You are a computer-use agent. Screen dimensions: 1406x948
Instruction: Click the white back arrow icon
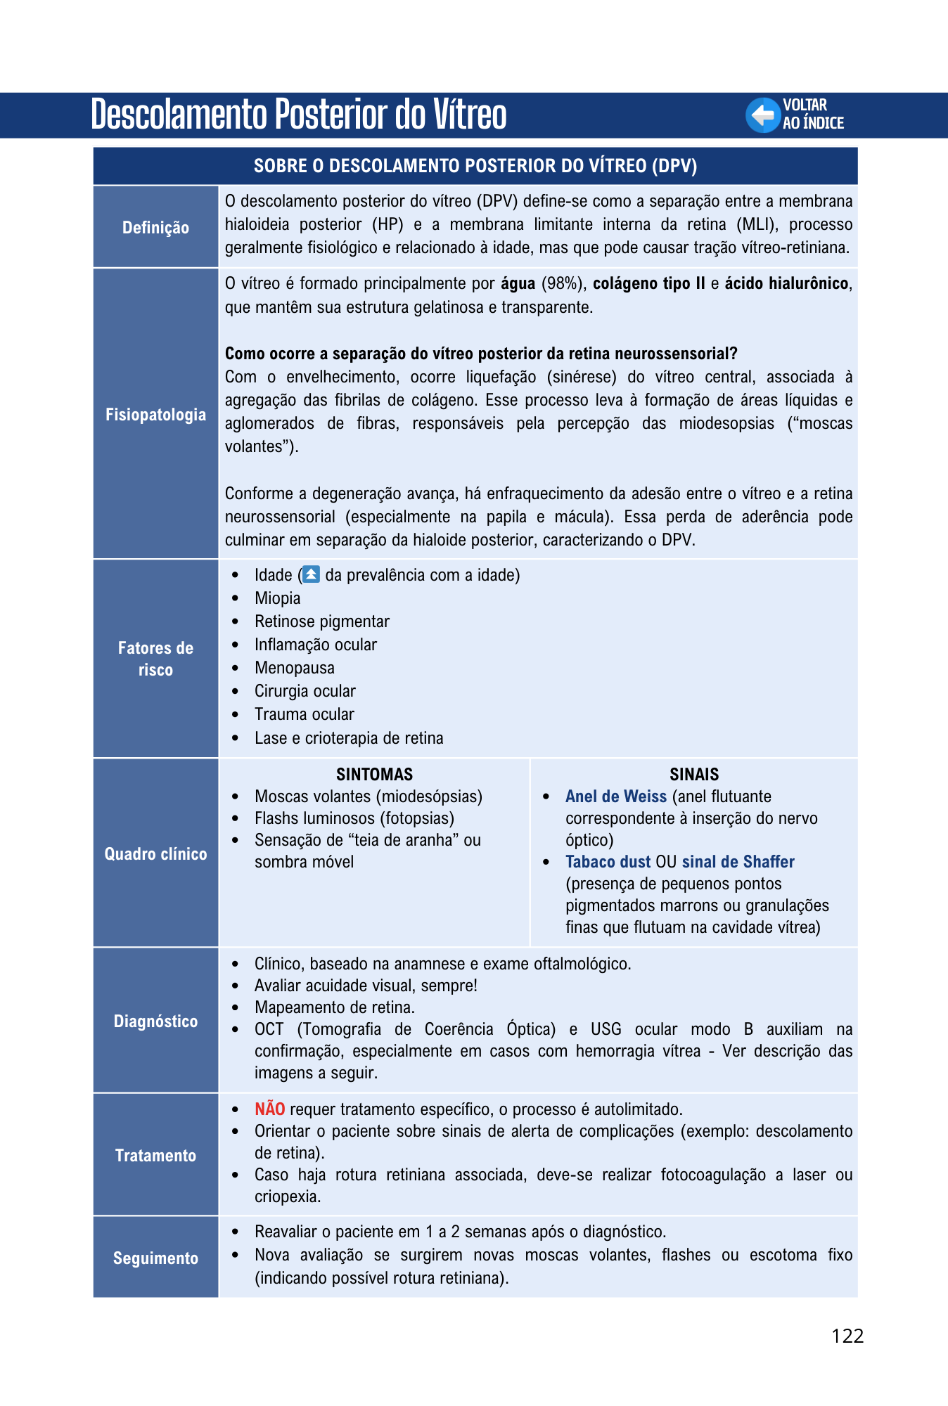763,115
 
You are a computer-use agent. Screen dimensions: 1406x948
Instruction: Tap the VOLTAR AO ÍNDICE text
813,115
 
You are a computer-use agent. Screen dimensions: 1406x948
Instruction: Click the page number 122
847,1336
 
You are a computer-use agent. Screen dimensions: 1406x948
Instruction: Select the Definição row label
155,228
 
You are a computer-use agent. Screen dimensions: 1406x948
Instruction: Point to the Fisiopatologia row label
155,415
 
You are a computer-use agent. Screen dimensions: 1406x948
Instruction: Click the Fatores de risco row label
155,659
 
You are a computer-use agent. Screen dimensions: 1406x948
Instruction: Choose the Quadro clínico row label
155,854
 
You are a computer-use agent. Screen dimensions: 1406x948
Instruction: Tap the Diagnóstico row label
155,1021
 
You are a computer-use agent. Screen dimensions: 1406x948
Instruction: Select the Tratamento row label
155,1156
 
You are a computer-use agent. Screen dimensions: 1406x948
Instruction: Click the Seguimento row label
155,1258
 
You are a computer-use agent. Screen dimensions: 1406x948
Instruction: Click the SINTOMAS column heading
374,775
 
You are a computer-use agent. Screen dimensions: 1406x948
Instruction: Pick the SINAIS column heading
693,775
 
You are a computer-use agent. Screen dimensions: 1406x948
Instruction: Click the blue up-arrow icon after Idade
311,574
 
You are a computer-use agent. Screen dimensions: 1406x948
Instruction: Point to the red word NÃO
269,1109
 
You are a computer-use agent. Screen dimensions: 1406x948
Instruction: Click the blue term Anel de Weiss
615,796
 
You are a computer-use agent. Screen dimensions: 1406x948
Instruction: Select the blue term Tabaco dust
608,862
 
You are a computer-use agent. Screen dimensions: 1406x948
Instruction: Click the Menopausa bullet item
294,668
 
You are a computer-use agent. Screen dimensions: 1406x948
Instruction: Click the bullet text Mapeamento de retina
334,1007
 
